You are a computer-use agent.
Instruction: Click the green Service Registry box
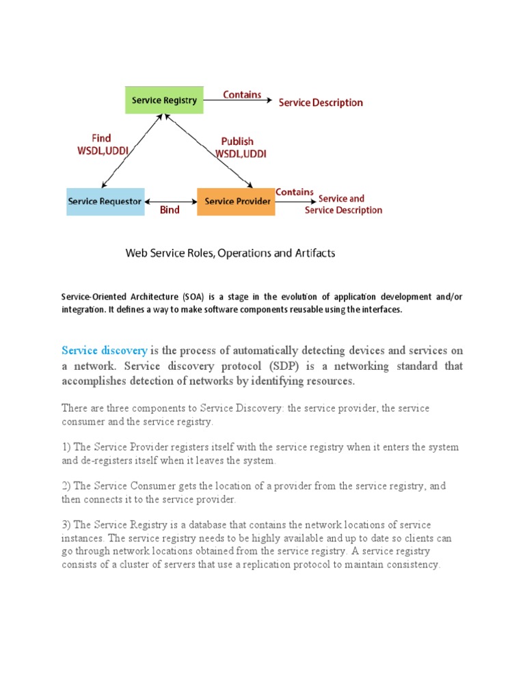[x=164, y=100]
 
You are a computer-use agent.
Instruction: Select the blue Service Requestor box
[x=105, y=202]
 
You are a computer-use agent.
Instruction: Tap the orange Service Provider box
[x=236, y=202]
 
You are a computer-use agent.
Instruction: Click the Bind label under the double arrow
[x=170, y=211]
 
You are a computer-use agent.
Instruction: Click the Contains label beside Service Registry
[x=242, y=95]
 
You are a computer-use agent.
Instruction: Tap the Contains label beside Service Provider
[x=295, y=192]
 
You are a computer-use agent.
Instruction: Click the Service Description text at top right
[x=321, y=103]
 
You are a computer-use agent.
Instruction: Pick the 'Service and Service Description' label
[x=343, y=204]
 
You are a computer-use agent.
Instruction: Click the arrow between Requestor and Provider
[x=170, y=201]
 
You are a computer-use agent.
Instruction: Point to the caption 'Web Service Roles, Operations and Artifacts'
[x=230, y=253]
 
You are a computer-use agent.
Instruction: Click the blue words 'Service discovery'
[x=104, y=351]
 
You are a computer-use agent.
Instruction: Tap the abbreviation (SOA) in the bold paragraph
[x=192, y=297]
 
